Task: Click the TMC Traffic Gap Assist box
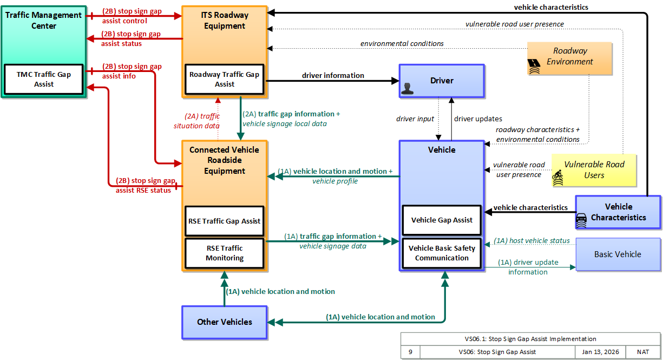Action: [x=44, y=79]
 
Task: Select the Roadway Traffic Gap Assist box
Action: [x=225, y=79]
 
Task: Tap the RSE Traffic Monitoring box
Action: [x=225, y=253]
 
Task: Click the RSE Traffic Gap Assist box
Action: [x=225, y=221]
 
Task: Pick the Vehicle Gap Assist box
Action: [x=442, y=220]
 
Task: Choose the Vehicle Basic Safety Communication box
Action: [x=442, y=253]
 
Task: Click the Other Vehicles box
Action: [x=225, y=322]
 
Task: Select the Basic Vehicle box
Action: [x=618, y=254]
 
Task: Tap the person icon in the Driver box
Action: [x=407, y=89]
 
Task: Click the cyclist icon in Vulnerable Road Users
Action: [x=558, y=178]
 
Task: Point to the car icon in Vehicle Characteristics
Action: [x=581, y=220]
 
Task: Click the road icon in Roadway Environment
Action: [x=534, y=66]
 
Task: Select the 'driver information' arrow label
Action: [x=333, y=75]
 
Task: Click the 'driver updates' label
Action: [x=478, y=119]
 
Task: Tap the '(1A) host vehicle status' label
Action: [x=531, y=241]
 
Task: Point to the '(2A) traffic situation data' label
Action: [x=197, y=121]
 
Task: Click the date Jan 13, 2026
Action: [x=600, y=352]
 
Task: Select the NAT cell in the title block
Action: [x=643, y=352]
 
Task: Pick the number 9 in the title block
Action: [x=410, y=352]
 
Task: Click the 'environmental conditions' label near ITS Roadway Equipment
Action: [x=402, y=43]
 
